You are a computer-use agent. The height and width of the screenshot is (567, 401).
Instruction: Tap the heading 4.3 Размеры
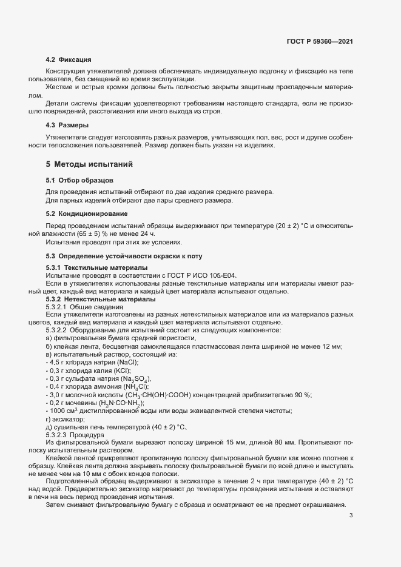[x=67, y=125]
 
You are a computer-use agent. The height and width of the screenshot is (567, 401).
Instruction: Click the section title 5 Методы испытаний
[x=89, y=164]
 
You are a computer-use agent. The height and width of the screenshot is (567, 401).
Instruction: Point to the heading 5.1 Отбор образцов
[x=79, y=181]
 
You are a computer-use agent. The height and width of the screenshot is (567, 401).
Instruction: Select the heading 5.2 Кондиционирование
[x=87, y=213]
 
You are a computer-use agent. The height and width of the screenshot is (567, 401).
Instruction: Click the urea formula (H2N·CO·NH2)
[x=114, y=403]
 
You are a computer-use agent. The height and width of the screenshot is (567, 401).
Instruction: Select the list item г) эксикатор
[x=63, y=419]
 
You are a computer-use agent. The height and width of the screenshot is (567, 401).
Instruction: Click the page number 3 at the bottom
[x=351, y=516]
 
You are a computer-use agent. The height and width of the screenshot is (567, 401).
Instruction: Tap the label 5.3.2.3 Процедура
[x=76, y=435]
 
